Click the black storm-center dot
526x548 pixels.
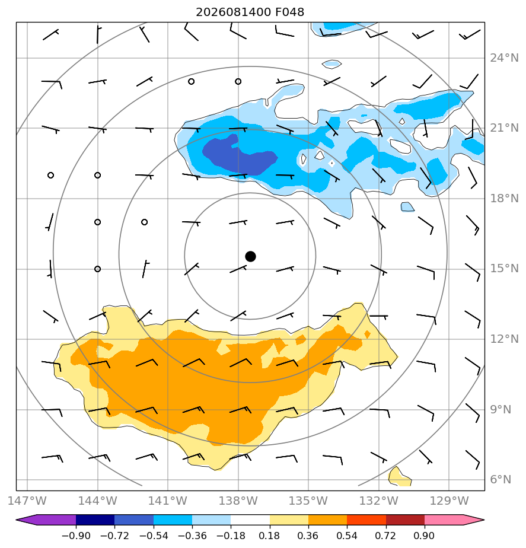[250, 256]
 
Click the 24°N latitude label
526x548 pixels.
[504, 58]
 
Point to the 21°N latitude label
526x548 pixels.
[504, 128]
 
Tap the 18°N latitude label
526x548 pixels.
[504, 199]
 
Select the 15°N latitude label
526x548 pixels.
[504, 269]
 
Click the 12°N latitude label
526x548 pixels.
[504, 339]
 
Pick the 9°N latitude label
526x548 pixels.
[501, 410]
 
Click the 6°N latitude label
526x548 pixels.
[501, 480]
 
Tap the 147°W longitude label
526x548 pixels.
[27, 501]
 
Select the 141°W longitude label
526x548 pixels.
[168, 501]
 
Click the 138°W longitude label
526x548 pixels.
[238, 501]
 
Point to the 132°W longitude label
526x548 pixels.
[379, 501]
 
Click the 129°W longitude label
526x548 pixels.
[449, 501]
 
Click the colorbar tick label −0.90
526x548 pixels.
[76, 536]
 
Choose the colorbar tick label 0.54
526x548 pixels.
[347, 536]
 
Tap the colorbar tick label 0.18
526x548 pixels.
[269, 536]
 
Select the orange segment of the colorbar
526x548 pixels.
[327, 520]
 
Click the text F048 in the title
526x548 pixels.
[290, 12]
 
